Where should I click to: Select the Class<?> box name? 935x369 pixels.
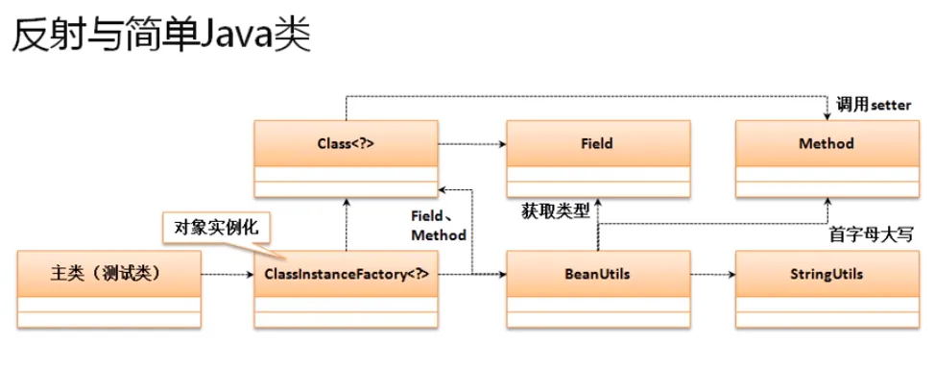pyautogui.click(x=345, y=144)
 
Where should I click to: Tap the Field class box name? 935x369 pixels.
pyautogui.click(x=596, y=144)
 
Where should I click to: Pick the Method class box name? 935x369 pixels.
pyautogui.click(x=826, y=144)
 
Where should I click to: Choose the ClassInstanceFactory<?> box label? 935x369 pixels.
pyautogui.click(x=345, y=274)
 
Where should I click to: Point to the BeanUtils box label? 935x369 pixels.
pyautogui.click(x=596, y=274)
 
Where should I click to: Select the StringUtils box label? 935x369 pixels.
pyautogui.click(x=826, y=274)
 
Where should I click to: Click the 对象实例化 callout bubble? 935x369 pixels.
pyautogui.click(x=215, y=229)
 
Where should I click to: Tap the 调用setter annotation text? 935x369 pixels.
pyautogui.click(x=873, y=105)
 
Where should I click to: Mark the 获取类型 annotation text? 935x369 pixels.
pyautogui.click(x=555, y=209)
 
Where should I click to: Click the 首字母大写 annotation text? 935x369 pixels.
pyautogui.click(x=869, y=234)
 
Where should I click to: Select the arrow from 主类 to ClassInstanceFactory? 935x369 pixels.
pyautogui.click(x=228, y=275)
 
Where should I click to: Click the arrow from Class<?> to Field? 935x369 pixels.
pyautogui.click(x=471, y=145)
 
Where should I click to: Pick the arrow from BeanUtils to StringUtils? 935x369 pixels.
pyautogui.click(x=712, y=275)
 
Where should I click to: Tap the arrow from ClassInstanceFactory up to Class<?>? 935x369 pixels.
pyautogui.click(x=345, y=222)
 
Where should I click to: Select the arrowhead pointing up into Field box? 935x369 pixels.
pyautogui.click(x=596, y=203)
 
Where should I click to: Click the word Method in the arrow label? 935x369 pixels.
pyautogui.click(x=438, y=235)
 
